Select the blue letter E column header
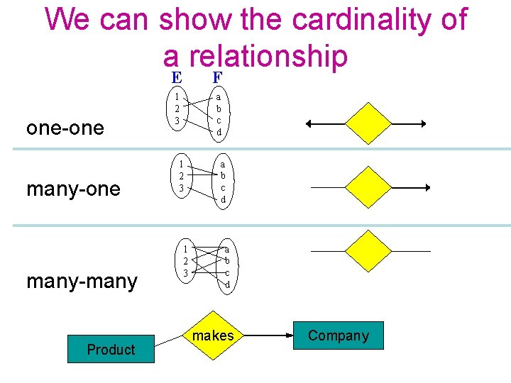176,77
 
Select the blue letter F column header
217,77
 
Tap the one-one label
65,128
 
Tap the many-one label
73,189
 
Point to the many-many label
82,282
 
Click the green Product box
111,349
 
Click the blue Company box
339,335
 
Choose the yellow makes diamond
213,335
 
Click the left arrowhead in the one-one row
309,123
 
